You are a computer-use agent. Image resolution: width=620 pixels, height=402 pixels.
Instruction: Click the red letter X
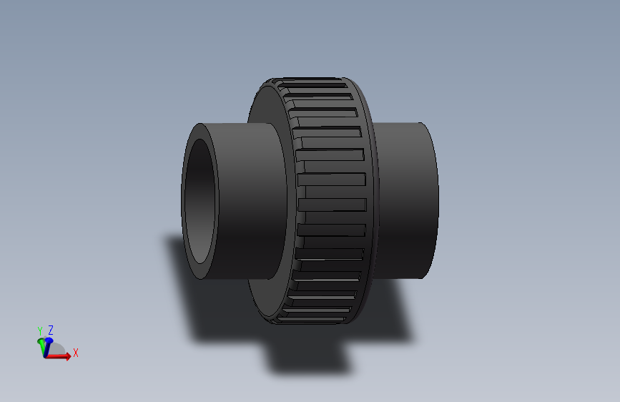tap(75, 353)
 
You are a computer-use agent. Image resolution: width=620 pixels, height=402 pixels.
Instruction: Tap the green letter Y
tap(40, 330)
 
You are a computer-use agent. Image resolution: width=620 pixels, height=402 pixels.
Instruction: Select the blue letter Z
tap(51, 330)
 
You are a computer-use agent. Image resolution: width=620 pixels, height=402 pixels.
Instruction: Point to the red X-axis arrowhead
tap(67, 356)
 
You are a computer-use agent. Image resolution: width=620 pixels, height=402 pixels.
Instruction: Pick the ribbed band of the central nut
tap(329, 200)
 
